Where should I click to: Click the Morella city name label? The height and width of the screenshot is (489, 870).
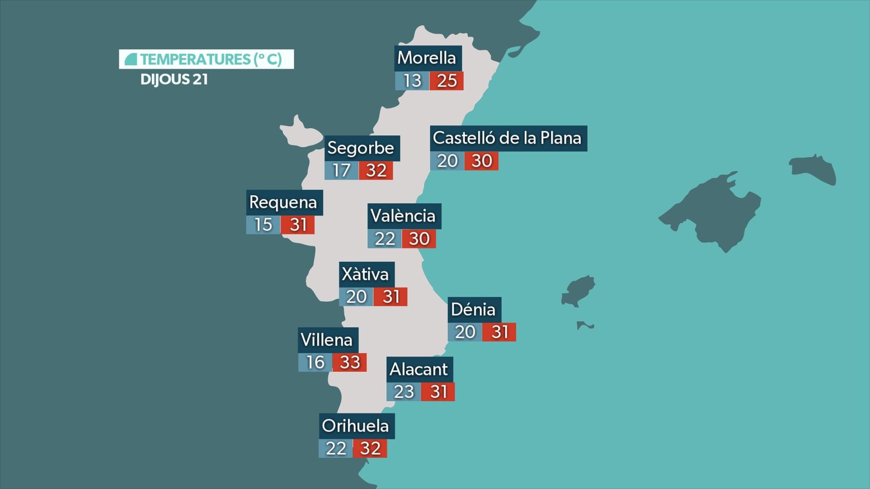[427, 58]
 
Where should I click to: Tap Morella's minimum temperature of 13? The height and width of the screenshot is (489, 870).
[412, 81]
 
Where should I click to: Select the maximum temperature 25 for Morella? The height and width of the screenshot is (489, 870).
[446, 81]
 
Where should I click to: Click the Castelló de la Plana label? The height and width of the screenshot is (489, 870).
[507, 139]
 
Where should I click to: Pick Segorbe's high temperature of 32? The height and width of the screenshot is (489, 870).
[376, 171]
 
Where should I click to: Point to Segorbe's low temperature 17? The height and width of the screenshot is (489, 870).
[341, 171]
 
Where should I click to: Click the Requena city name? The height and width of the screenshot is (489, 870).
[283, 203]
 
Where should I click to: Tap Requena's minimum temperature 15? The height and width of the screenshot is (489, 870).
[263, 225]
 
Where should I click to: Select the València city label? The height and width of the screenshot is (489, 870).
[403, 216]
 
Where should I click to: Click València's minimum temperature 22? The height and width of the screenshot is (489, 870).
[384, 239]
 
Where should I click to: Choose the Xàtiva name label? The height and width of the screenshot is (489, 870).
[365, 274]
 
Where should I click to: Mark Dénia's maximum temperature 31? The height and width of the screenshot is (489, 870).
[500, 332]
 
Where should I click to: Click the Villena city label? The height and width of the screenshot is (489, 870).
[327, 340]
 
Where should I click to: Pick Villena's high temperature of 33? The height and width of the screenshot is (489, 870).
[350, 362]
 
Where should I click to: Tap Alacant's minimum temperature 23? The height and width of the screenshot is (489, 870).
[403, 392]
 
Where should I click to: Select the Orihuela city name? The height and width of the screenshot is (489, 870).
[356, 426]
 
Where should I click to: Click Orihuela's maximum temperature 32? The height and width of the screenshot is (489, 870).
[370, 449]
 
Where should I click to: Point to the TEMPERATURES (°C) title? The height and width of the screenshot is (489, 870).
[207, 59]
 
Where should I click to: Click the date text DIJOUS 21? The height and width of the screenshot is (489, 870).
[174, 80]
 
